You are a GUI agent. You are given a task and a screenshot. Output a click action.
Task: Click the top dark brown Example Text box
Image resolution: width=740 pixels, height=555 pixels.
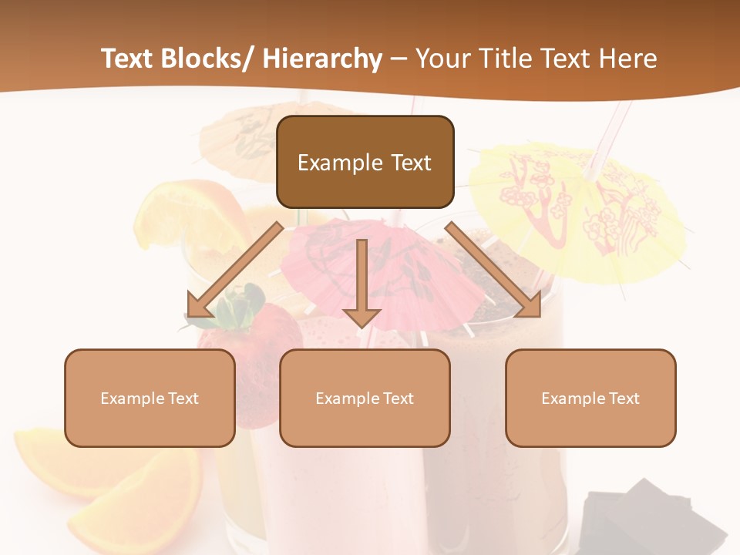tap(365, 162)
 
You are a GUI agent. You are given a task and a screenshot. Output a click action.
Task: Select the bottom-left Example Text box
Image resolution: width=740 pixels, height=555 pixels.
tap(150, 398)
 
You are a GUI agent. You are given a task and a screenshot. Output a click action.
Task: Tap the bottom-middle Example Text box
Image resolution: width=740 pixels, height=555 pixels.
tap(365, 398)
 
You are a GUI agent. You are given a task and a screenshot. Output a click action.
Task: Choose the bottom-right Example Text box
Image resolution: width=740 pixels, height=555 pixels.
tap(590, 398)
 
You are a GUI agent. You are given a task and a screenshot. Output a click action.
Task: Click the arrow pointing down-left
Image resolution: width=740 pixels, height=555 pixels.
tap(233, 271)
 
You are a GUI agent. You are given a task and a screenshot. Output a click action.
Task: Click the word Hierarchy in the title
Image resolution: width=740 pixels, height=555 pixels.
tap(322, 59)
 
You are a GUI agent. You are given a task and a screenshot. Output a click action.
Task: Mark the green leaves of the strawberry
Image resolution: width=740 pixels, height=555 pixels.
tap(239, 304)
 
